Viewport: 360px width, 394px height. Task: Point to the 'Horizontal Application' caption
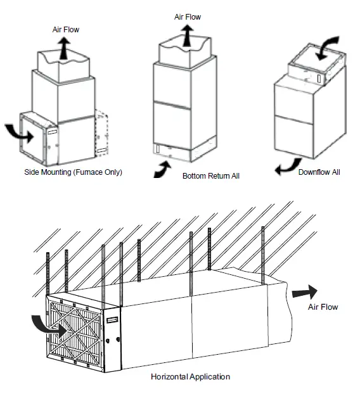click(190, 376)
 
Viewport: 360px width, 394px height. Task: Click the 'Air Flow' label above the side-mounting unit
click(65, 30)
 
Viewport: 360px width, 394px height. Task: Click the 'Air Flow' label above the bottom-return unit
click(188, 17)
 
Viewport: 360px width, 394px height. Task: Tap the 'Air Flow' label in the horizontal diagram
click(323, 307)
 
